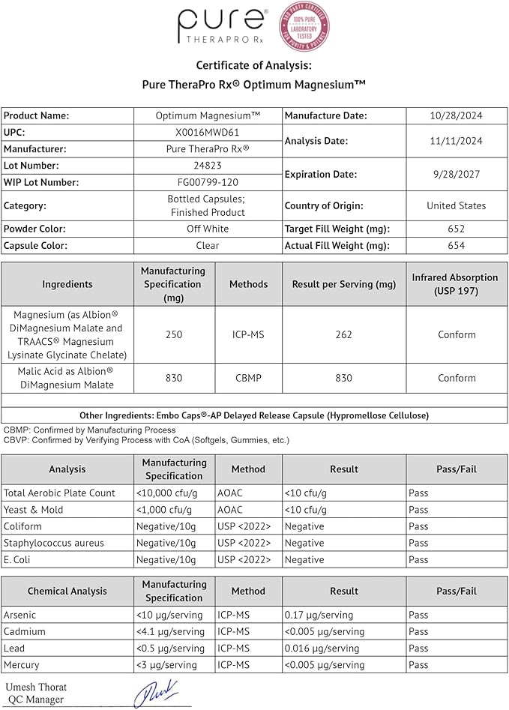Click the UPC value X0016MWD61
click(208, 133)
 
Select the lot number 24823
click(208, 166)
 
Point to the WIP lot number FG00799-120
click(208, 182)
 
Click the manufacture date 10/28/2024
click(456, 116)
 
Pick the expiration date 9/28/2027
click(456, 174)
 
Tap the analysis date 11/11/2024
click(456, 141)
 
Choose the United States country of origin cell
click(456, 205)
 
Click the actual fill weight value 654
click(456, 245)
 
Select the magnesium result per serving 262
click(343, 334)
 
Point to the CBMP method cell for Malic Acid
click(248, 378)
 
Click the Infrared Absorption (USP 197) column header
click(456, 284)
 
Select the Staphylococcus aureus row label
click(54, 543)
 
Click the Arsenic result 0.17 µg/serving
click(319, 615)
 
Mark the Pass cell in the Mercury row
click(418, 664)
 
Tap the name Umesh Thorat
click(36, 687)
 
